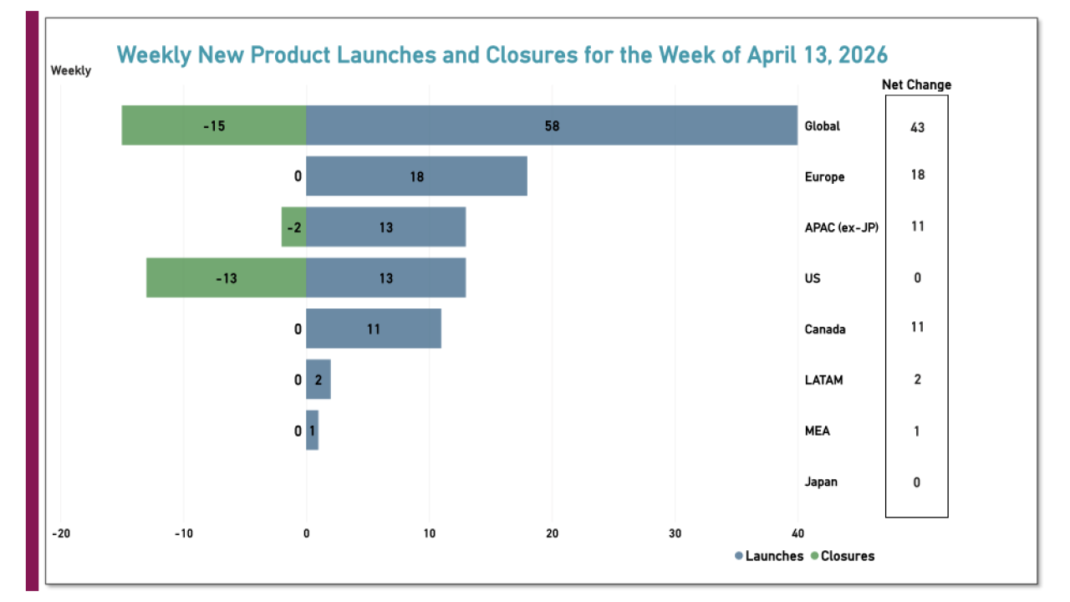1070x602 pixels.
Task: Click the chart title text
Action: tap(502, 55)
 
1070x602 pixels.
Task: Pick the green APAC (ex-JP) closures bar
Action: tap(293, 227)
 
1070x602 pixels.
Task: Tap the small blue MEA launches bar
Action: tap(313, 431)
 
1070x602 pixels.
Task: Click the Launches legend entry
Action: tap(769, 556)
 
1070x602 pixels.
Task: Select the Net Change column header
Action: tap(916, 84)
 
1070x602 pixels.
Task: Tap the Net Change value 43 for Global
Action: tap(917, 127)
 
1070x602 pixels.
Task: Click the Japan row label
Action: tap(821, 482)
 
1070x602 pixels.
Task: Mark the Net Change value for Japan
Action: tap(917, 482)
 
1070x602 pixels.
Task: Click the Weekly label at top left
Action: tap(71, 71)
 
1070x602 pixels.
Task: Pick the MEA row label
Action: tap(817, 431)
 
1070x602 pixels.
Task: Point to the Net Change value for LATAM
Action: tap(917, 380)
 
